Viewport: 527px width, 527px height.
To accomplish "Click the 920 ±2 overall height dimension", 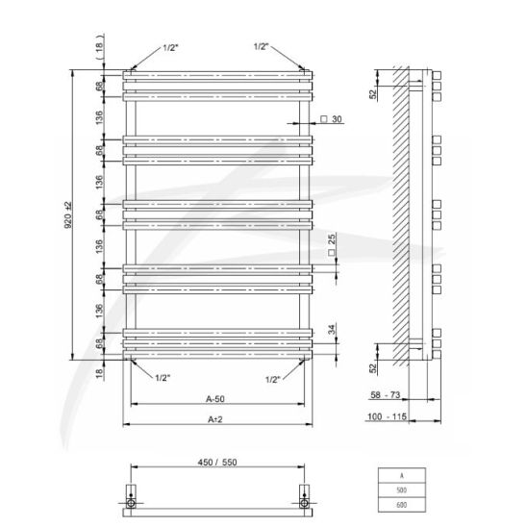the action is pos(68,215).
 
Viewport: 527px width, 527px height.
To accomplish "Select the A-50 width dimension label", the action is pos(215,399).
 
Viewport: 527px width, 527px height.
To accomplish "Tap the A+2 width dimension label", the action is pos(215,419).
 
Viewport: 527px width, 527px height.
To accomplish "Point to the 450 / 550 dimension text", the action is pos(217,463).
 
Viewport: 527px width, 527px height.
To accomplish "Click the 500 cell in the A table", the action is pos(402,490).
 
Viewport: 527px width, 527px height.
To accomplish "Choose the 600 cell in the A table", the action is pos(402,505).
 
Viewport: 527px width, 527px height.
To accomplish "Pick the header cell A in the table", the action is pos(402,476).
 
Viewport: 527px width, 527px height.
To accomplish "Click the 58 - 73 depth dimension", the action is pos(386,395).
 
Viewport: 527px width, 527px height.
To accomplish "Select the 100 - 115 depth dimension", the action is pos(387,416).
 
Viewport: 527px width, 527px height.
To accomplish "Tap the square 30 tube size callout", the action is pos(331,119).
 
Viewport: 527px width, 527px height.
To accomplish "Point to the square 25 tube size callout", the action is pos(332,245).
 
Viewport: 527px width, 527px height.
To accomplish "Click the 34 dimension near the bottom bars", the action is pos(332,329).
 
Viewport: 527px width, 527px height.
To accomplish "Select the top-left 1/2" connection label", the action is pos(170,47).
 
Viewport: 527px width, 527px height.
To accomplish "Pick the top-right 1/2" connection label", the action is pos(262,46).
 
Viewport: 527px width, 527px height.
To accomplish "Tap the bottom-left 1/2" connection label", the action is pos(163,378).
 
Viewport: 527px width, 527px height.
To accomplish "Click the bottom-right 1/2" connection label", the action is pos(273,380).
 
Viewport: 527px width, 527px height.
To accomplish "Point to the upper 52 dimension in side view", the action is pos(373,94).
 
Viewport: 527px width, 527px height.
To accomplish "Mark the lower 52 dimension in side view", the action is pos(373,368).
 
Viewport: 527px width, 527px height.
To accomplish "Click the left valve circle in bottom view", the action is pos(131,503).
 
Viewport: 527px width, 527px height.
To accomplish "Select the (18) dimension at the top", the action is pos(99,51).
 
